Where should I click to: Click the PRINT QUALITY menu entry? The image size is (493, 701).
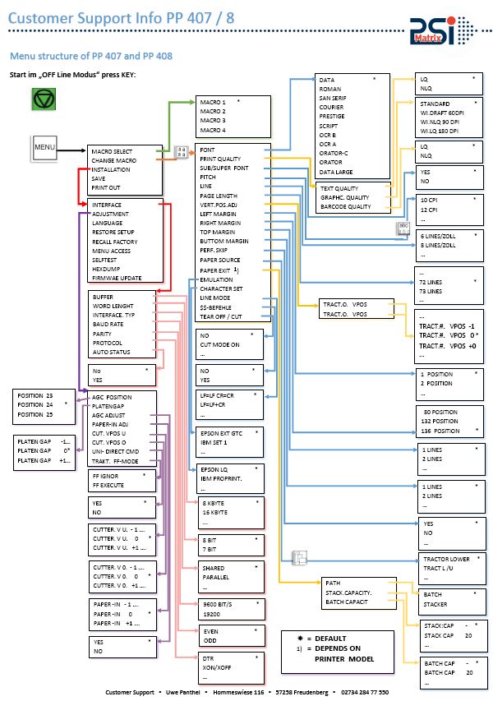coord(220,159)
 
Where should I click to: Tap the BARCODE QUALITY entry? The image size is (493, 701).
coord(345,206)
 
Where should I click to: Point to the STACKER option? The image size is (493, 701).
coord(435,603)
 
